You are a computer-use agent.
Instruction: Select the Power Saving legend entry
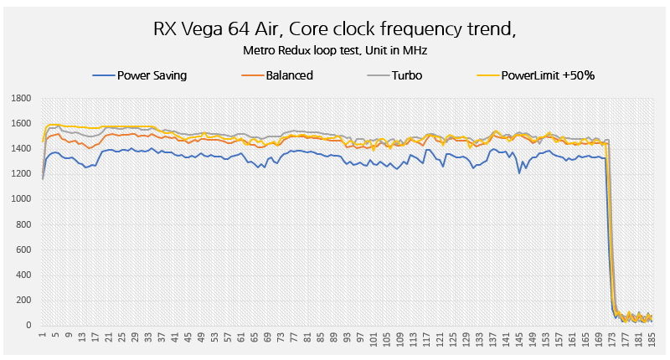point(151,75)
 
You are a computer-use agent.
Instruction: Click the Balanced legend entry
point(289,75)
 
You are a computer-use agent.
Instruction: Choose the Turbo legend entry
point(405,75)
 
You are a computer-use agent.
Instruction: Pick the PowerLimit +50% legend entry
point(548,75)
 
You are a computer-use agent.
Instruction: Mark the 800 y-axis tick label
point(23,224)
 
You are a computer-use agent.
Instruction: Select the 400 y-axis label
point(23,275)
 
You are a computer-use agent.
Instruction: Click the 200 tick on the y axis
point(23,300)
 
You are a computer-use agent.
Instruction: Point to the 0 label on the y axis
point(28,325)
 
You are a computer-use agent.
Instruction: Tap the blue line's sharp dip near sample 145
point(519,172)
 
